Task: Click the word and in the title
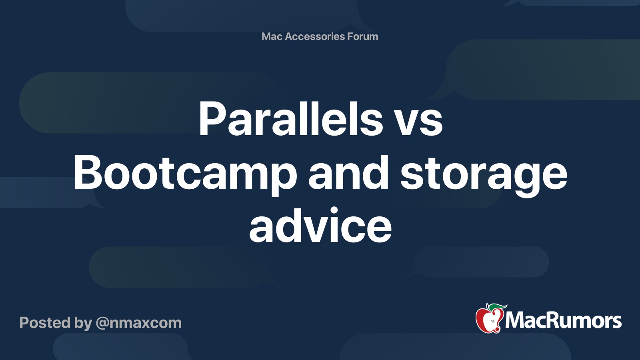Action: (348, 173)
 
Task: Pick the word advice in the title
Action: (320, 226)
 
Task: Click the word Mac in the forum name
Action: (272, 36)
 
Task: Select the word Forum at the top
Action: (362, 36)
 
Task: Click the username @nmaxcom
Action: (138, 323)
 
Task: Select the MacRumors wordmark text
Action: (563, 321)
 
